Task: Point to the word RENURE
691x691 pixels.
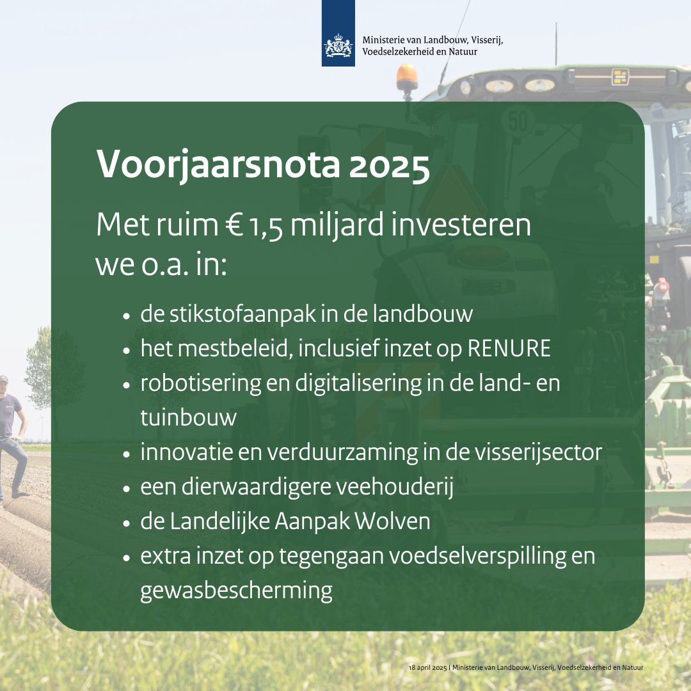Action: click(x=509, y=349)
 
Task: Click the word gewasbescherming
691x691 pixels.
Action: click(x=236, y=591)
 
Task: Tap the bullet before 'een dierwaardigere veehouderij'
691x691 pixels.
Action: click(x=127, y=488)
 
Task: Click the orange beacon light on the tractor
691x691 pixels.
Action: click(x=407, y=77)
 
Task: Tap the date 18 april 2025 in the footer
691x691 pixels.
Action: click(x=427, y=667)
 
